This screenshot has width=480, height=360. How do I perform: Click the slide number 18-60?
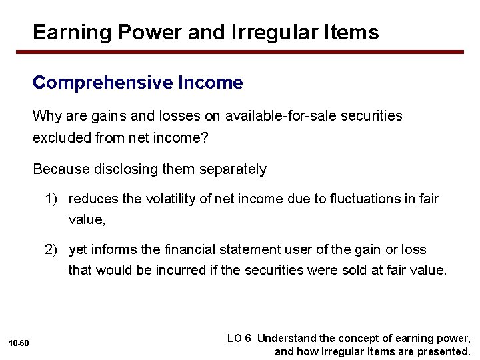pyautogui.click(x=19, y=343)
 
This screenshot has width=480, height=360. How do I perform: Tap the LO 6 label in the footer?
pyautogui.click(x=239, y=338)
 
